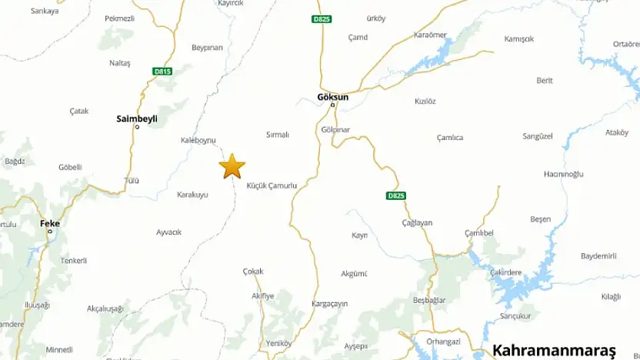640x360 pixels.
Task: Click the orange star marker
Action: [232, 166]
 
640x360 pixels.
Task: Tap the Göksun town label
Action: [332, 97]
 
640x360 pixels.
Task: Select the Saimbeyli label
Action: [137, 118]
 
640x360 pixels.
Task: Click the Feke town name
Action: [50, 223]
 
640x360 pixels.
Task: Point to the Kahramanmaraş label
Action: [554, 348]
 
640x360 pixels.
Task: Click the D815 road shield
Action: [162, 72]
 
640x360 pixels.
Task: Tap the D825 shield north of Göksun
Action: [322, 18]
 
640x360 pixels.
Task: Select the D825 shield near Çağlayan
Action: [395, 196]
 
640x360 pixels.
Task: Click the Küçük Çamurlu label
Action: [272, 186]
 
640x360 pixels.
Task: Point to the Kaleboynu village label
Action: [198, 140]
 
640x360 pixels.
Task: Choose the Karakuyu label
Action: [192, 195]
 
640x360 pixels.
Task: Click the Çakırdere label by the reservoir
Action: [505, 272]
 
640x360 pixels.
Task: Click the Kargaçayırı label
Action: [332, 304]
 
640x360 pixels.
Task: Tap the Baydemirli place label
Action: [599, 255]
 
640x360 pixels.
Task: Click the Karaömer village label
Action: [430, 35]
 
